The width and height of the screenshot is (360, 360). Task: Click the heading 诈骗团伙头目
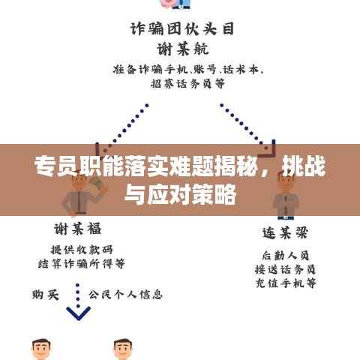[x=182, y=28]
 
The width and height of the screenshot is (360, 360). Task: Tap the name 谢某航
[x=183, y=49]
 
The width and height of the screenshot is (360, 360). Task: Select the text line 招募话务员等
[x=187, y=83]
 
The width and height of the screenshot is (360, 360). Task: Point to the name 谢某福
[x=78, y=229]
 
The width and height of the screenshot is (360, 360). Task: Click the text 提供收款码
[x=82, y=250]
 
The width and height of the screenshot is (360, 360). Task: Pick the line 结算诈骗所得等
[x=82, y=263]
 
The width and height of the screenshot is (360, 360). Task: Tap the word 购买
[x=46, y=295]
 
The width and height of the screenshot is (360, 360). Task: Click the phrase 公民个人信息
[x=125, y=295]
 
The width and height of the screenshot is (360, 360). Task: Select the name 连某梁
[x=285, y=233]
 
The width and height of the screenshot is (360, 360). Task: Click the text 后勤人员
[x=286, y=256]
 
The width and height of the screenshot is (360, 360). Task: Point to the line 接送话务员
[x=285, y=269]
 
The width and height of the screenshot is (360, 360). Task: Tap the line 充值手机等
[x=286, y=283]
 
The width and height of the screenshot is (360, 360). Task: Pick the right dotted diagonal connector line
[x=244, y=126]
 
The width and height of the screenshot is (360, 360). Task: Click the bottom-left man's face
[x=41, y=349]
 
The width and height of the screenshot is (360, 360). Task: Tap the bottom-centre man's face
[x=123, y=349]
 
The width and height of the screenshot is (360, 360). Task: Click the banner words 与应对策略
[x=180, y=194]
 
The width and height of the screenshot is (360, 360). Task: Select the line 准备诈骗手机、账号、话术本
[x=188, y=70]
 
